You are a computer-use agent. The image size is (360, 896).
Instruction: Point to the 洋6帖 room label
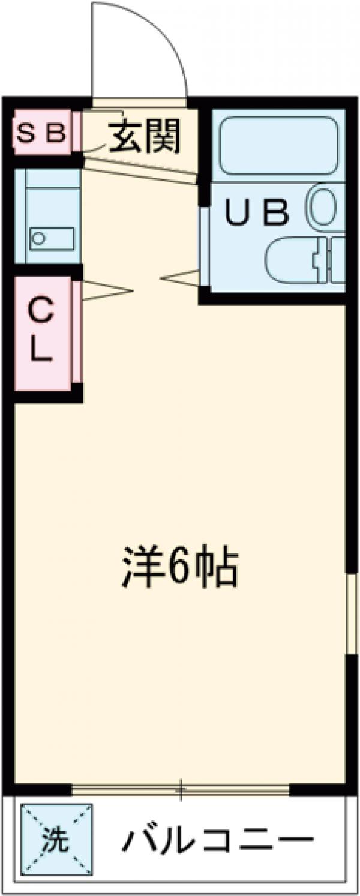[181, 568]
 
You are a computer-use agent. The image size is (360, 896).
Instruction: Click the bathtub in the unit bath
[278, 146]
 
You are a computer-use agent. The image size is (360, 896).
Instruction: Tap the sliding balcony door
[180, 789]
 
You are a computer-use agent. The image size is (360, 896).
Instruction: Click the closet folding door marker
[105, 291]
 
